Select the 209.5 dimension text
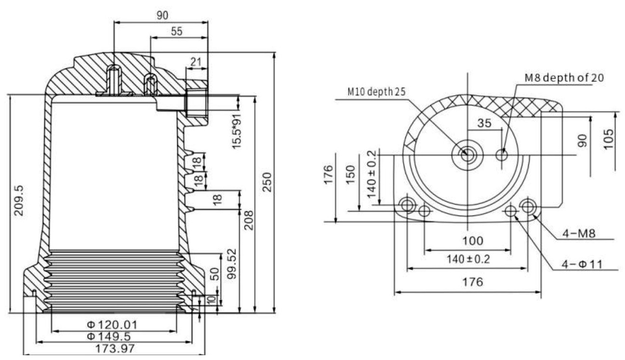[19, 200]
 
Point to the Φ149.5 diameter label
[115, 336]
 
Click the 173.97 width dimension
[115, 348]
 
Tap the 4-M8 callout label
[580, 233]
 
